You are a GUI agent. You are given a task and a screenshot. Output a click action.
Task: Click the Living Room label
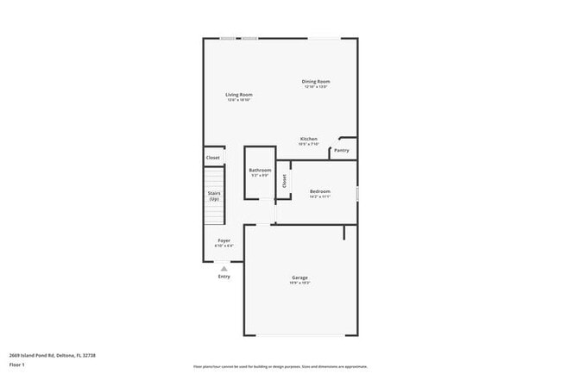click(238, 94)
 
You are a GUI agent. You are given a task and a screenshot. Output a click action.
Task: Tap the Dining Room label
click(316, 82)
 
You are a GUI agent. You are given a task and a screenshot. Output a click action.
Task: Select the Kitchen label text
click(309, 139)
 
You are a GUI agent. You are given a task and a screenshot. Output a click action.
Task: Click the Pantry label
click(342, 150)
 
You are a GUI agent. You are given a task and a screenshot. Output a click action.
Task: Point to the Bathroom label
click(260, 170)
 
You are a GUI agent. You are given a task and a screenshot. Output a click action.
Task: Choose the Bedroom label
click(320, 190)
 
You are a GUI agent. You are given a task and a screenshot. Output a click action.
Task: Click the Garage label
click(299, 277)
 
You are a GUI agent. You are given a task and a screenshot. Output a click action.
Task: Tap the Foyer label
click(224, 240)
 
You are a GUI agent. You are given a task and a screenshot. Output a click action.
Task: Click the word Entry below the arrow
click(224, 277)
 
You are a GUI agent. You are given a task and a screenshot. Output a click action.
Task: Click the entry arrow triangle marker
click(224, 268)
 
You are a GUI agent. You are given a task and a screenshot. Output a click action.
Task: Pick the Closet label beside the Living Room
click(212, 158)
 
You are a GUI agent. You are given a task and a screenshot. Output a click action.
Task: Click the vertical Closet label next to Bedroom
click(284, 181)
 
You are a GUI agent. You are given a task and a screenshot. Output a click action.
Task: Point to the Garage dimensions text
click(299, 283)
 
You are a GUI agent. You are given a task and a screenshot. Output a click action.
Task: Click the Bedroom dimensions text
click(320, 196)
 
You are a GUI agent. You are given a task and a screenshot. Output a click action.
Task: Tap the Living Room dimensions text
click(238, 100)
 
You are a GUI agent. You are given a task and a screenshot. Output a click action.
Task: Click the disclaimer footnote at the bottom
click(280, 365)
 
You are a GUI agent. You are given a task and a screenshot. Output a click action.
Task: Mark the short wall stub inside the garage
click(344, 232)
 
